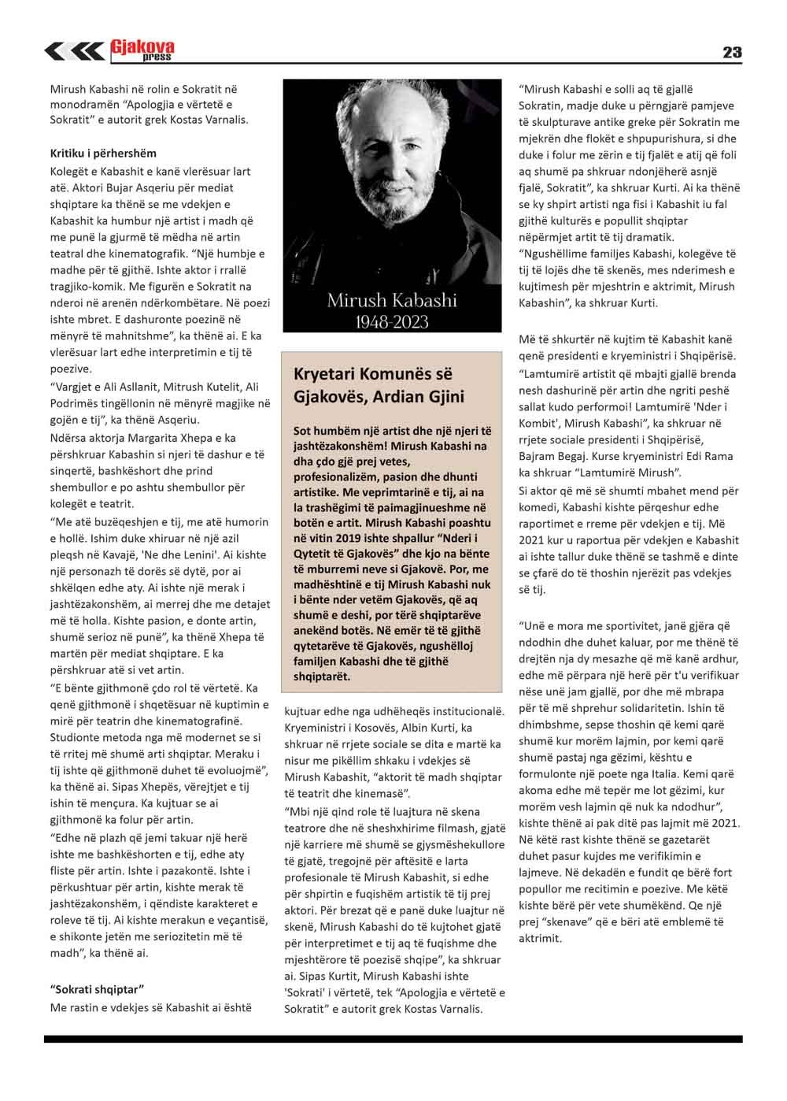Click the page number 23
731,52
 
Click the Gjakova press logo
142,51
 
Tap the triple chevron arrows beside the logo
74,52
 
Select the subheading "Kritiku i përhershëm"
103,153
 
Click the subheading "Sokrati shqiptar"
95,989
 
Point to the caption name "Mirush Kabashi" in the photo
391,300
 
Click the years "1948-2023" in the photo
391,321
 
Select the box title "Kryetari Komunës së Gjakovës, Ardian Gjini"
379,384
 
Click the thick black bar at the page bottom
393,1040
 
